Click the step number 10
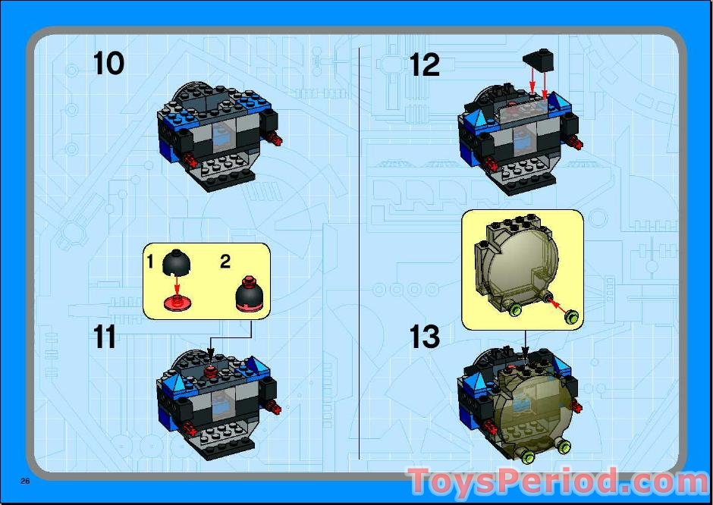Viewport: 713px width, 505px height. point(108,64)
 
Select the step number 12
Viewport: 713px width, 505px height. point(424,64)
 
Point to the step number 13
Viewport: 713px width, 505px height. point(424,337)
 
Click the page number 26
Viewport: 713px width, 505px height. point(25,481)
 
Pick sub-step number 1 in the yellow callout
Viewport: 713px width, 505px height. point(150,262)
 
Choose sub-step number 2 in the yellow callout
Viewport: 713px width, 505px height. point(225,262)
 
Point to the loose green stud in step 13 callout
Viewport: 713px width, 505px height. point(570,316)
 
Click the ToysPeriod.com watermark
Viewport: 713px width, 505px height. point(558,482)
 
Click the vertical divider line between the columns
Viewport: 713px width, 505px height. point(358,250)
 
